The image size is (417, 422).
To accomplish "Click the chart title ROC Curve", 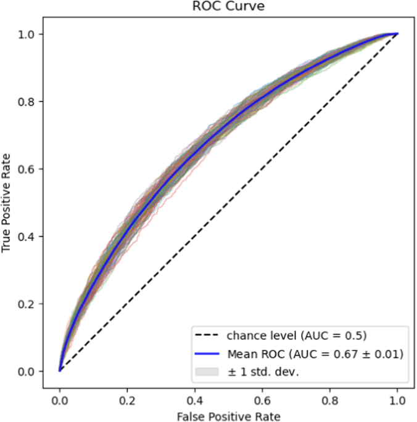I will tap(228, 7).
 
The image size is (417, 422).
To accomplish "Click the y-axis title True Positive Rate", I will tap(7, 203).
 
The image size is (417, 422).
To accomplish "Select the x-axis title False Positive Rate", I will tap(228, 415).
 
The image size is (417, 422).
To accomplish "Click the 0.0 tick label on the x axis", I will tap(59, 399).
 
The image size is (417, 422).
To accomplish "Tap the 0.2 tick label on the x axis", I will tap(127, 399).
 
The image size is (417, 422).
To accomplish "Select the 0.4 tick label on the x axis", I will tap(194, 399).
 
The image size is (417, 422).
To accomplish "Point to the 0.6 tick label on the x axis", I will tap(262, 399).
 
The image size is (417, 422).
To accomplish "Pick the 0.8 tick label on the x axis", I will tap(329, 399).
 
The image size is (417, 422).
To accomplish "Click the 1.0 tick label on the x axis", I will tap(397, 399).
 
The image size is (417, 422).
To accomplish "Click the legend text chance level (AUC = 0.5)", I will tap(297, 336).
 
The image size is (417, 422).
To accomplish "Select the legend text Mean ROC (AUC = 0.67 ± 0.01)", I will tap(315, 354).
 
